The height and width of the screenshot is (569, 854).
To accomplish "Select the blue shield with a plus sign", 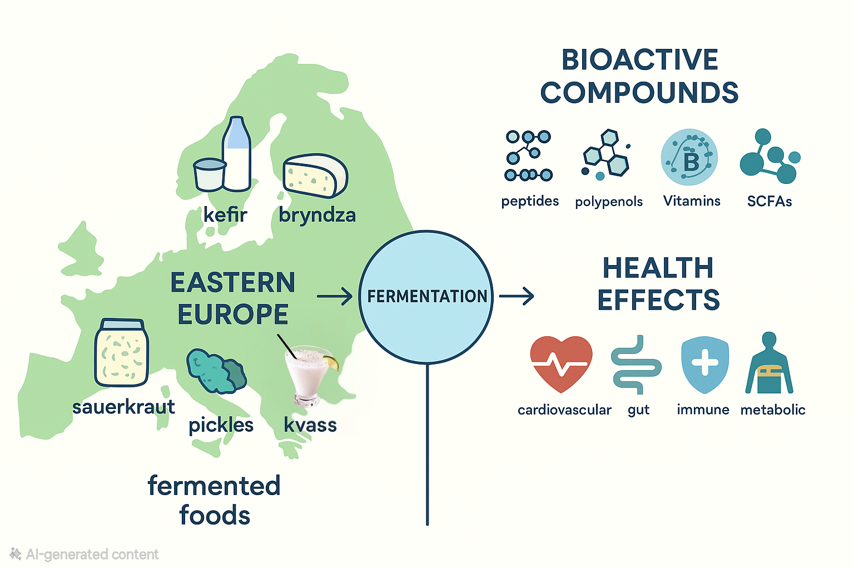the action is [705, 364].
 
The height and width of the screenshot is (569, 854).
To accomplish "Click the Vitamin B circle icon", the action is [689, 157].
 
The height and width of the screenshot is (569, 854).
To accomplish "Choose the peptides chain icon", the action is [528, 156].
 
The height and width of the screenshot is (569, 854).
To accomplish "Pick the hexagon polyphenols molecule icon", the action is [606, 154].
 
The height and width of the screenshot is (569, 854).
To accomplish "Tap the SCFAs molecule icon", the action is [770, 156].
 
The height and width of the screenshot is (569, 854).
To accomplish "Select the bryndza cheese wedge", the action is [315, 176].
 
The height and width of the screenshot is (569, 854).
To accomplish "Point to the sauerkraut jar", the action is [122, 352].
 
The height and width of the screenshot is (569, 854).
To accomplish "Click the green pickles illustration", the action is [216, 371].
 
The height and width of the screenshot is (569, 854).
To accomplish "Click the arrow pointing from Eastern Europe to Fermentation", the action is [335, 297].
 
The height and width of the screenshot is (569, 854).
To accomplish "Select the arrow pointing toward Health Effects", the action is [517, 296].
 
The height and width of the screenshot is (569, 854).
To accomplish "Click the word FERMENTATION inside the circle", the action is [427, 296].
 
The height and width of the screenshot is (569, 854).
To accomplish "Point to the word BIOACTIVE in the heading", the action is [640, 60].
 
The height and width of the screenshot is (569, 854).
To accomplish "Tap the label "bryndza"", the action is [317, 215].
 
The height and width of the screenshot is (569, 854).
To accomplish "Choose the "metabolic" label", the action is [773, 410].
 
